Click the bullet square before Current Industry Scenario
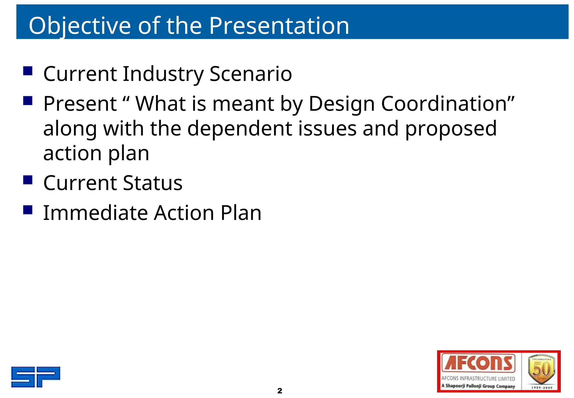coord(28,71)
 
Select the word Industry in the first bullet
coord(163,74)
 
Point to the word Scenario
coord(251,74)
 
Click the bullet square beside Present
coord(28,100)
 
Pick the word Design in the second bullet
coord(341,104)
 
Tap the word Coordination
coord(447,104)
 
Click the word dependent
coord(240,129)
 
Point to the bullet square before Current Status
coord(28,180)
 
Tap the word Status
coord(152,183)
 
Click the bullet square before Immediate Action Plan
coord(28,210)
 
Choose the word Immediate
coord(95,213)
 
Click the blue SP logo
coord(36,377)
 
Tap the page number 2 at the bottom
coord(279,390)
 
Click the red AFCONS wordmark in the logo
coord(478,363)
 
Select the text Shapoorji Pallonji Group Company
coord(480,386)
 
